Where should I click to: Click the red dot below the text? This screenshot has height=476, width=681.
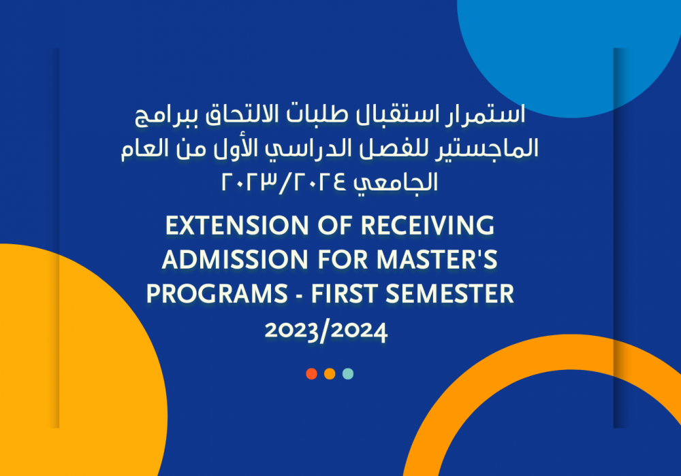pos(311,374)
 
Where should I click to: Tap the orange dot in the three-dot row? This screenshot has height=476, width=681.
pos(330,374)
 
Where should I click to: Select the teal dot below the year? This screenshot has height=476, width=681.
pos(348,374)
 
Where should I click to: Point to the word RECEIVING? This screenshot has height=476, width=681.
pos(428,226)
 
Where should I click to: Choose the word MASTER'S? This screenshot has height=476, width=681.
pos(437,260)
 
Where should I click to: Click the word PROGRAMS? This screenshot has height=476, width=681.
pos(217,294)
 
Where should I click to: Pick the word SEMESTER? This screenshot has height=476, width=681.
pos(450,294)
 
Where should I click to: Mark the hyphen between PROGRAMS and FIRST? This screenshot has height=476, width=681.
pos(300,296)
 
